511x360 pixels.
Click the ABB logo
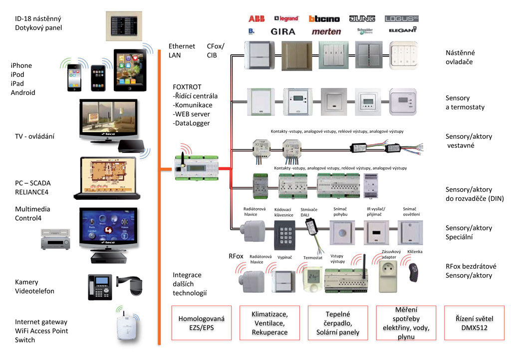[x=256, y=19]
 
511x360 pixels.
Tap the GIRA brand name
[x=283, y=31]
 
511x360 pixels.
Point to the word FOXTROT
[x=187, y=87]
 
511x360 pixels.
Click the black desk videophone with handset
[x=98, y=287]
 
